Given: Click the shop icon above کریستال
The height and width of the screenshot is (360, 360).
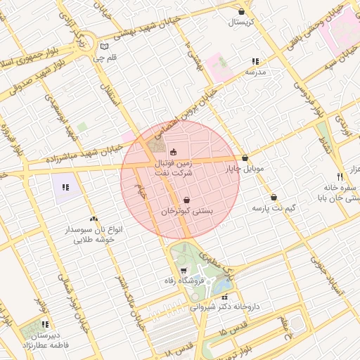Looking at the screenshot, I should click(x=242, y=11).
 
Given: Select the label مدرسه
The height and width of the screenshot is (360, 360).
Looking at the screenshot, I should click(x=255, y=72).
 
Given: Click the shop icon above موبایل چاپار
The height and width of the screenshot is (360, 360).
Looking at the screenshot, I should click(x=245, y=158).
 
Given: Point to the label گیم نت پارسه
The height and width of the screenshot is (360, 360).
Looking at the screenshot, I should click(x=272, y=209).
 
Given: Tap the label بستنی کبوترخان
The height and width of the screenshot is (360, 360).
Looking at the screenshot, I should click(x=186, y=211).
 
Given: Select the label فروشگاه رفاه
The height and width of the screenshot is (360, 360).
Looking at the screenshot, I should click(x=184, y=282).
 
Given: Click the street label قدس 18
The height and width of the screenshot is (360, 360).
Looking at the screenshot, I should click(x=180, y=346).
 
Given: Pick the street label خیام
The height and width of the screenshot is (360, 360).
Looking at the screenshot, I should click(x=141, y=188).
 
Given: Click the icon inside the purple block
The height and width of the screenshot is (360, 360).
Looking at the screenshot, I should click(x=65, y=188).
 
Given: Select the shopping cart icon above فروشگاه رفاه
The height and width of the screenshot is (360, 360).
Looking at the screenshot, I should click(x=184, y=271).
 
